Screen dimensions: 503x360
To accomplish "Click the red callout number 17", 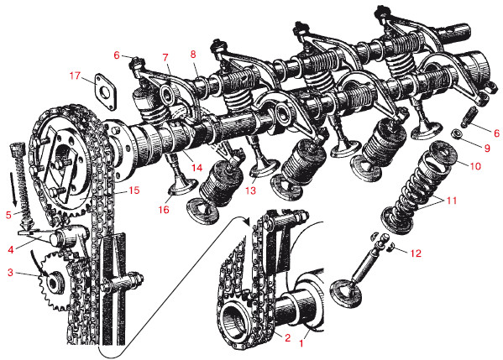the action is coord(75,76).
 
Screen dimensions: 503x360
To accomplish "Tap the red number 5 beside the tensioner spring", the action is coord(8,215).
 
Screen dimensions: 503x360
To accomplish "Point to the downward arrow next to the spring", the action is coord(13,189).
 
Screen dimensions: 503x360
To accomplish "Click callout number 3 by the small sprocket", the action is coord(11,273).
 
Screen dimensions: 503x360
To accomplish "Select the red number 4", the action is coord(11,249).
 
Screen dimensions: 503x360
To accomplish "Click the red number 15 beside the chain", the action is coord(134,190).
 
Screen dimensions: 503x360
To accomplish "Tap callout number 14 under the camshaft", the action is coord(197,167).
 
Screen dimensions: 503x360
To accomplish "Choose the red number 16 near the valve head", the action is coord(164,210).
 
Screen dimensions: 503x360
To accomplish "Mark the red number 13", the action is coord(250,190).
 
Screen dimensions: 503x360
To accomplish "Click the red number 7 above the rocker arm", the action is coord(165,58).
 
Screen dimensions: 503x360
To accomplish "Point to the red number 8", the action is coord(193,55).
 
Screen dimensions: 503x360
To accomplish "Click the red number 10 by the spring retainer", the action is coord(475,166).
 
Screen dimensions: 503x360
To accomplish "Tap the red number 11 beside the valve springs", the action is coord(451,201).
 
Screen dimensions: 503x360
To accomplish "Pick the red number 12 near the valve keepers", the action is coord(416,253).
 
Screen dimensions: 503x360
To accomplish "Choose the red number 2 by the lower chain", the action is coord(287,337).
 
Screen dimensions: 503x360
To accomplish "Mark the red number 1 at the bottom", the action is coord(301,344).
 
